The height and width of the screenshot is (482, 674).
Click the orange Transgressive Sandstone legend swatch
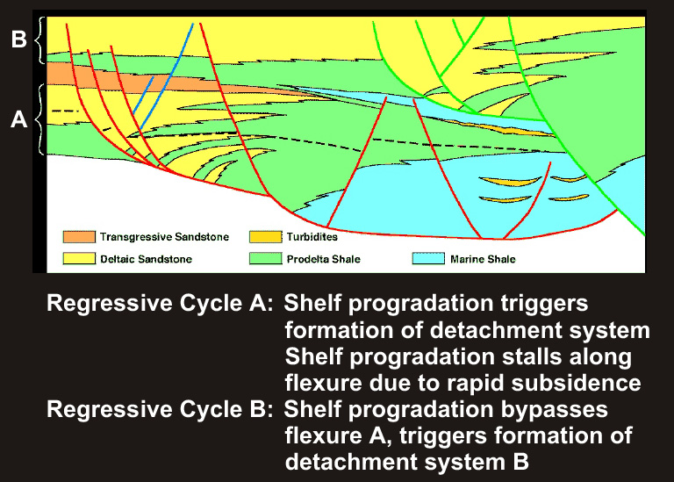(79, 237)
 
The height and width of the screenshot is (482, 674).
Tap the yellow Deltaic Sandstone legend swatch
(79, 258)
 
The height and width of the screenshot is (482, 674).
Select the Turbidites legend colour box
(266, 237)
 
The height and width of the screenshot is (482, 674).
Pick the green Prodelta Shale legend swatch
(266, 258)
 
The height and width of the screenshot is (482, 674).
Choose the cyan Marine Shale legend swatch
(428, 258)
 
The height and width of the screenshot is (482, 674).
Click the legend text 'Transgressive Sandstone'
(165, 237)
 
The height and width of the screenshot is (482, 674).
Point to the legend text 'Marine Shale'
(483, 259)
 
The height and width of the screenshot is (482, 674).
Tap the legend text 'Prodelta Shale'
(324, 259)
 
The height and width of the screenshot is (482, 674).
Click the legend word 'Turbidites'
(312, 237)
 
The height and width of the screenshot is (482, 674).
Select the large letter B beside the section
(19, 39)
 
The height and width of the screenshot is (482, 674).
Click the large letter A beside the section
(19, 119)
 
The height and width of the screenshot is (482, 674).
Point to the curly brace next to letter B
(41, 40)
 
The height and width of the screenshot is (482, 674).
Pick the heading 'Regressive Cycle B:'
(160, 409)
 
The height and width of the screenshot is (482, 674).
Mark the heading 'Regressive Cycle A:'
(160, 304)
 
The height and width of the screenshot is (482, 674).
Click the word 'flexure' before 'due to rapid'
(323, 382)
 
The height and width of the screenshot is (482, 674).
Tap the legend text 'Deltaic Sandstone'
(147, 259)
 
